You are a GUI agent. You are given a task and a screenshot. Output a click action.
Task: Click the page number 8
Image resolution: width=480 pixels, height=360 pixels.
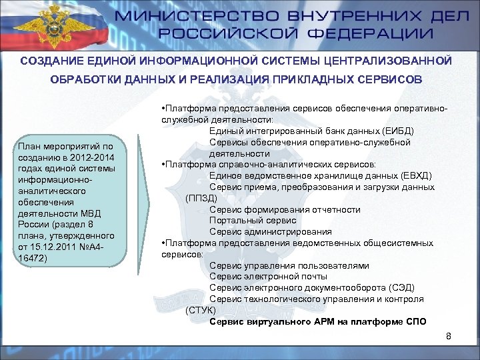(449, 335)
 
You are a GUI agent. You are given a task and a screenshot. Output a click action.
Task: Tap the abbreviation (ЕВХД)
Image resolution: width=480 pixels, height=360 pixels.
(411, 175)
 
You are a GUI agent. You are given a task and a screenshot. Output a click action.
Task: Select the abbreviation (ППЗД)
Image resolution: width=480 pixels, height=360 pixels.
(201, 198)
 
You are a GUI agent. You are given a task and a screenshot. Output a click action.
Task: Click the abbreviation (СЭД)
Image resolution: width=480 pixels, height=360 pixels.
(401, 288)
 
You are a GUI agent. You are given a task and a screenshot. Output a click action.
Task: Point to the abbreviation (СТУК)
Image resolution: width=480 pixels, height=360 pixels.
(201, 310)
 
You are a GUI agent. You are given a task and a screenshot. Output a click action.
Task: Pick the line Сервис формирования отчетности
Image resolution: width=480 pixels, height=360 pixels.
(285, 209)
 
